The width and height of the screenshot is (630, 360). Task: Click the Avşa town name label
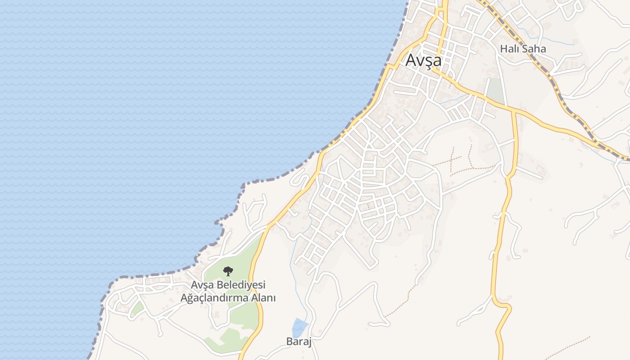pyautogui.click(x=423, y=60)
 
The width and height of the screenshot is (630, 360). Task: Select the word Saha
pyautogui.click(x=534, y=49)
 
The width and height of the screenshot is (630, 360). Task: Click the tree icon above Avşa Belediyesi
pyautogui.click(x=228, y=271)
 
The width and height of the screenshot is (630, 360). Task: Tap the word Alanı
pyautogui.click(x=263, y=298)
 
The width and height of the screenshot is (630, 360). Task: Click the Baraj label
pyautogui.click(x=299, y=342)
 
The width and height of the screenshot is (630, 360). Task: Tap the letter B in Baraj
pyautogui.click(x=289, y=342)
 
